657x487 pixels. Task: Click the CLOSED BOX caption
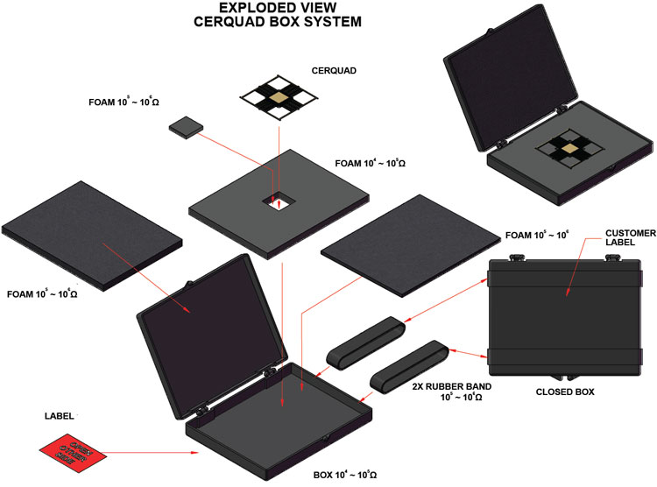(x=564, y=392)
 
